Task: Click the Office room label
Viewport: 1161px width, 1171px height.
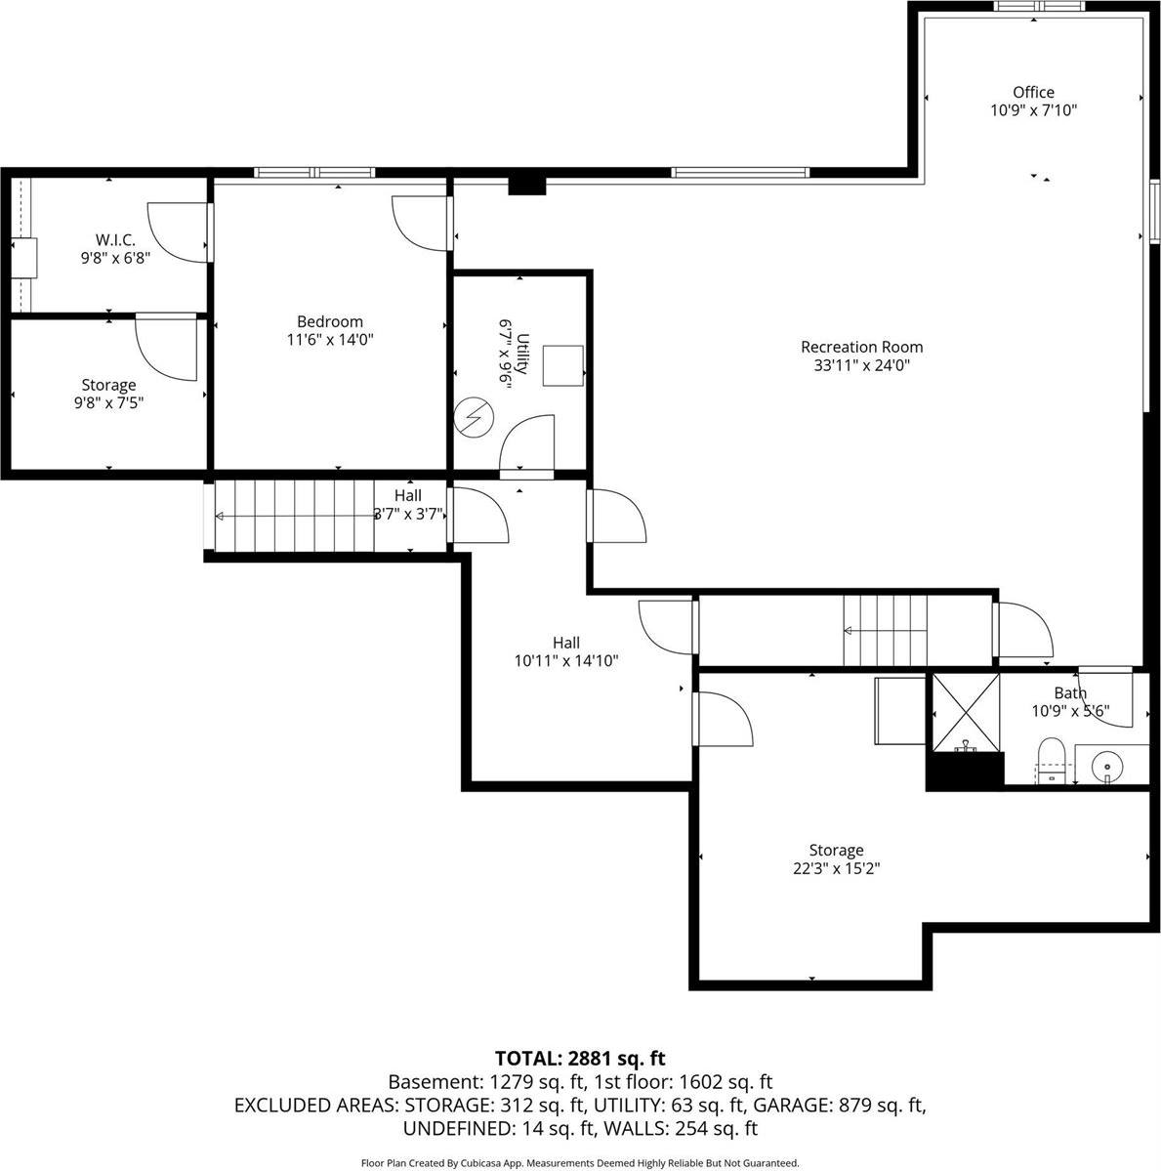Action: point(1033,93)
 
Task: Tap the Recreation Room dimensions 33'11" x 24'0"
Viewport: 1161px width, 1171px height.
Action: point(861,365)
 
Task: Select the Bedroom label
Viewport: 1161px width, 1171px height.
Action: point(330,321)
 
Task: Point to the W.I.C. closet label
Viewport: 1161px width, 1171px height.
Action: point(115,240)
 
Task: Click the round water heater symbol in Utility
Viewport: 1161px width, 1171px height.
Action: point(475,419)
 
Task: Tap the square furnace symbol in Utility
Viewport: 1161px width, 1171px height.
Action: point(563,365)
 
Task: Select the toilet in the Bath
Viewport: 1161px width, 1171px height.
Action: point(1051,760)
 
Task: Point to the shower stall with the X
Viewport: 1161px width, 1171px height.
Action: point(965,714)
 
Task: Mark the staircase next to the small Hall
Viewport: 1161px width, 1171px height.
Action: point(293,516)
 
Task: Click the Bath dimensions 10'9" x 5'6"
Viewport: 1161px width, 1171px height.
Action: point(1070,711)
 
